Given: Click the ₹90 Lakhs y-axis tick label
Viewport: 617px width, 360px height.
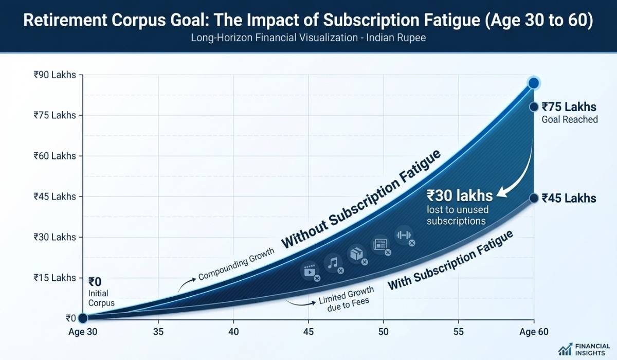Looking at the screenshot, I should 54,75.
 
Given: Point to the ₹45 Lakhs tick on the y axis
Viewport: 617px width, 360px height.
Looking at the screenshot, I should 54,196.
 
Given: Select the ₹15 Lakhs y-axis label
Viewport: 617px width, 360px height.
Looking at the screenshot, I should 54,278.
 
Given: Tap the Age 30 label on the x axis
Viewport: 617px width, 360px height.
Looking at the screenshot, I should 82,332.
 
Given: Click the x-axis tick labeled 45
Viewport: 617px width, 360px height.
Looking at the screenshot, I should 308,332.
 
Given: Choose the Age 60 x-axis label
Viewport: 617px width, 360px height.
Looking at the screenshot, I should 535,332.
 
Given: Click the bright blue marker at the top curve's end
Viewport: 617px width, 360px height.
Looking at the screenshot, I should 534,83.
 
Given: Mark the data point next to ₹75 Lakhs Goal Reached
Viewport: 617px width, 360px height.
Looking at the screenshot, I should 534,106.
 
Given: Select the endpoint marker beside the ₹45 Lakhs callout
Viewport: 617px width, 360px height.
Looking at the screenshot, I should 534,198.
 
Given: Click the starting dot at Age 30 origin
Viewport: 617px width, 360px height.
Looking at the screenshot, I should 82,318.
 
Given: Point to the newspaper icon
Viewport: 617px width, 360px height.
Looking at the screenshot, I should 381,244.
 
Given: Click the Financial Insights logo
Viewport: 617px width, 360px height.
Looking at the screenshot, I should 584,349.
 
